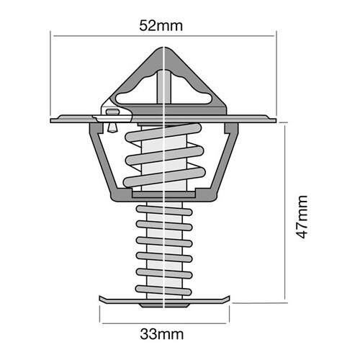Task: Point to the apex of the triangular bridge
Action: click(165, 49)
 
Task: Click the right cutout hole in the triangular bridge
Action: click(195, 91)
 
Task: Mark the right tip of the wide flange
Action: click(275, 120)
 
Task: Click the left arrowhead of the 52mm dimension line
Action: click(55, 34)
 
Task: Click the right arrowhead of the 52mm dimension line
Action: click(273, 34)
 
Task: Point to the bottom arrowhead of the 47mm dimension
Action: click(286, 296)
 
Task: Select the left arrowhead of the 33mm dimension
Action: click(101, 318)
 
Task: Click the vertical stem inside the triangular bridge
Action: click(165, 83)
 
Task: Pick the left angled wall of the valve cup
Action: click(102, 162)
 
